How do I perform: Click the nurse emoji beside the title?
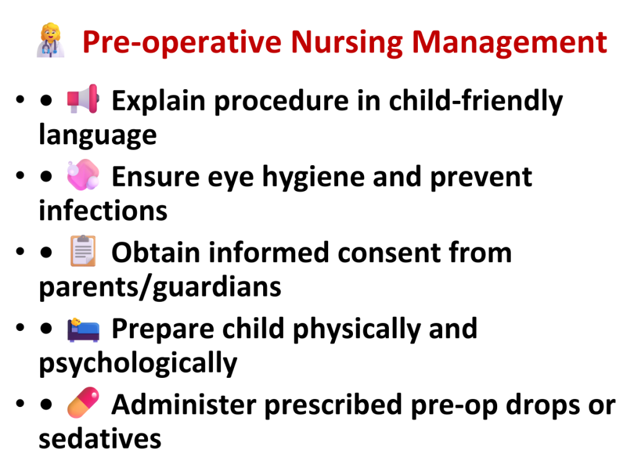51,40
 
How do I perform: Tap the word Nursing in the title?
347,43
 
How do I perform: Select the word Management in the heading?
510,43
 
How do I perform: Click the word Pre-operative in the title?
182,43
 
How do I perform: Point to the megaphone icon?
83,98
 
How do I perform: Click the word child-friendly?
476,100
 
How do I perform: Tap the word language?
98,135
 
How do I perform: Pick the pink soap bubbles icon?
83,174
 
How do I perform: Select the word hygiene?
313,178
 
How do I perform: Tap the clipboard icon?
83,250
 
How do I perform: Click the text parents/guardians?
160,287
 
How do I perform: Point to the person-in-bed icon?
83,330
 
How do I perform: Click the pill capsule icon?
83,402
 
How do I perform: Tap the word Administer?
184,404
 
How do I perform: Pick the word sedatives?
100,439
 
